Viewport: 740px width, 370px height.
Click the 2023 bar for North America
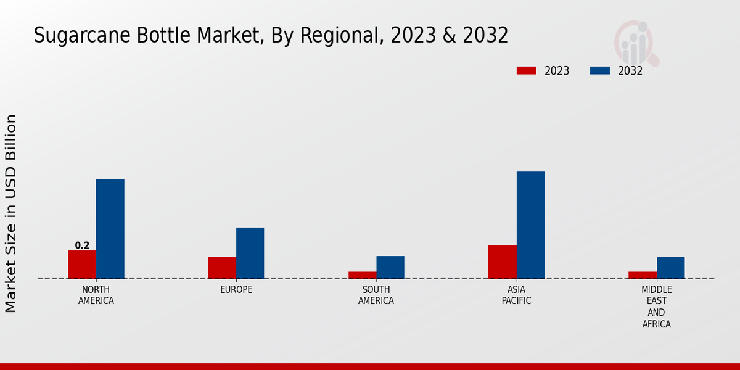pos(82,265)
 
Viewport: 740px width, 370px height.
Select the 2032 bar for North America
pos(110,229)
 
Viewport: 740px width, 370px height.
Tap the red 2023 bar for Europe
pos(222,268)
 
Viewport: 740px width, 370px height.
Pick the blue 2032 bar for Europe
pos(250,253)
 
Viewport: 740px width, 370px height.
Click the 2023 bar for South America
pos(363,275)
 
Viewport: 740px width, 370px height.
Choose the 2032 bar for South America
pos(390,267)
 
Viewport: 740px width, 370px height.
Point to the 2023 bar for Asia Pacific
pos(503,262)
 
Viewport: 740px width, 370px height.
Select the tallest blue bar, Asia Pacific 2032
pos(530,225)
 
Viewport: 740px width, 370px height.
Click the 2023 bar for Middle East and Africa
pos(643,275)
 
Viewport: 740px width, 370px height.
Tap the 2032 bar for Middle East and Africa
pos(670,268)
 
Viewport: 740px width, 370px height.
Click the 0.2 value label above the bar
pos(82,245)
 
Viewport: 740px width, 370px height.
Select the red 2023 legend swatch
pos(526,71)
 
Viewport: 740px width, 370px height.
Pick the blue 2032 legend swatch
pos(599,71)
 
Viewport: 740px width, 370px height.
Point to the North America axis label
pos(96,295)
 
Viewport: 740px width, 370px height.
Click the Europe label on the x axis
pos(236,290)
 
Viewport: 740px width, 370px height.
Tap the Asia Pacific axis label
pos(516,295)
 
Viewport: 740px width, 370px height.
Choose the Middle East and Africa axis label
pos(656,306)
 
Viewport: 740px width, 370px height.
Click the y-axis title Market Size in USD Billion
pos(11,213)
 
